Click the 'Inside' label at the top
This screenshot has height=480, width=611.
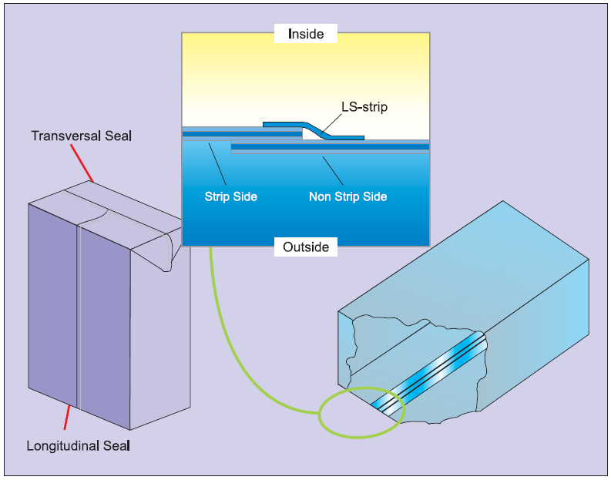coord(306,34)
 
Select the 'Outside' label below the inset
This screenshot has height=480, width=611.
coord(306,247)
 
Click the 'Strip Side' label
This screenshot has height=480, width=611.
coord(231,196)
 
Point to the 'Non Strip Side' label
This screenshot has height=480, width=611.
coord(347,196)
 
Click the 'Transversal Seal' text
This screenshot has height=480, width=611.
coord(82,136)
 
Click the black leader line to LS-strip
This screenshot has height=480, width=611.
coord(329,120)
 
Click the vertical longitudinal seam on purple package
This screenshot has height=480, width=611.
coord(78,308)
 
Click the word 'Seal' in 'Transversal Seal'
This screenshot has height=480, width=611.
coord(119,136)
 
